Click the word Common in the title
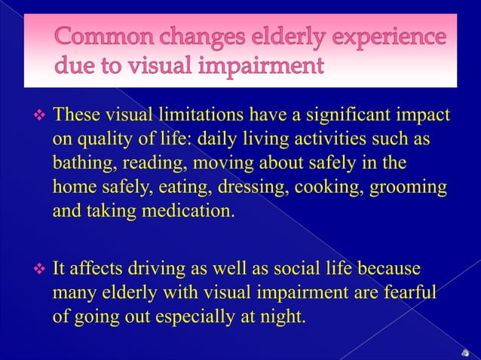click(x=102, y=38)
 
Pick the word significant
click(x=355, y=115)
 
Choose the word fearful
click(x=408, y=291)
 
